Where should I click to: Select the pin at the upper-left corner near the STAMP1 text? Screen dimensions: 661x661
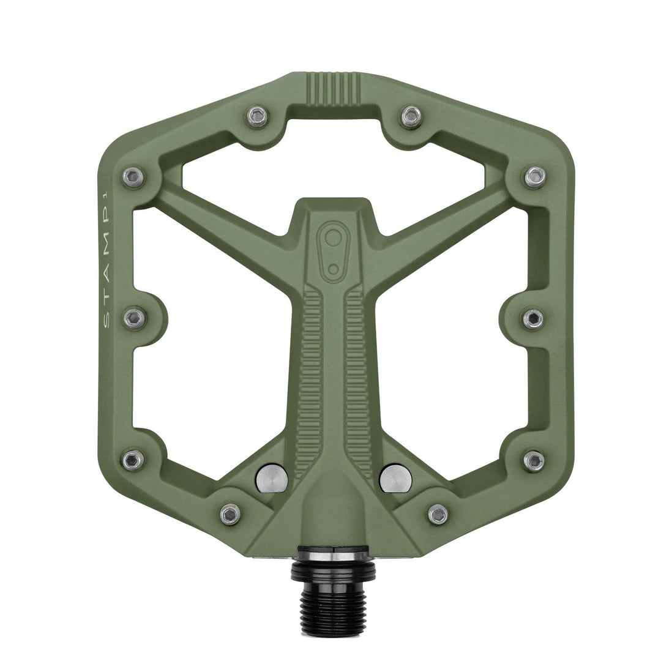[133, 177]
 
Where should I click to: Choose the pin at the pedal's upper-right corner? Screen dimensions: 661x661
[534, 177]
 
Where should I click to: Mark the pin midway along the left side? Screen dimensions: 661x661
[134, 317]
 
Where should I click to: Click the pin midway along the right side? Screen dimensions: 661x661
[533, 318]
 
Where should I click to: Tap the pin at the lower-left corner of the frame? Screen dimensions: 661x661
[133, 459]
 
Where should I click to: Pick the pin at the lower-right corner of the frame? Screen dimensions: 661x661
[534, 460]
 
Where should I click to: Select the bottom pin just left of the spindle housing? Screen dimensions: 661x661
[230, 513]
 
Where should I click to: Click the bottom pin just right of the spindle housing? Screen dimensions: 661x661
[438, 513]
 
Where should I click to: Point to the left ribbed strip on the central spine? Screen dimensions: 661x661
[311, 379]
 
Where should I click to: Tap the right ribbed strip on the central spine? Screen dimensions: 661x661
[356, 379]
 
